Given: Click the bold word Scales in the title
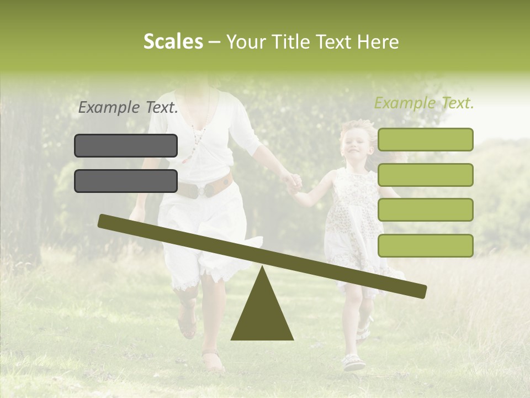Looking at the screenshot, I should coord(173,41).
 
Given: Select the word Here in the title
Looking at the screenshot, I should coord(378,42).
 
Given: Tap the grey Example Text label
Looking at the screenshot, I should coord(128,108).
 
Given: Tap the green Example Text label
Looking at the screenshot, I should coord(424,103).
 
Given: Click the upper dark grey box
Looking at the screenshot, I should coord(126,145).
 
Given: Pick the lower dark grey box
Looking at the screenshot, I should coord(126,181).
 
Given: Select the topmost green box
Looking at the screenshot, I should coord(425,139).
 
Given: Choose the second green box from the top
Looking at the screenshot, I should coord(425,175).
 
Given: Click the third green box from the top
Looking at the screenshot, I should coord(425,210).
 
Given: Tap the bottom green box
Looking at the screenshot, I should coord(425,245).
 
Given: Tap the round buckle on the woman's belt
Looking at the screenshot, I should coord(208,189).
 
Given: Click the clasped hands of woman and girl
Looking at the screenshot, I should coord(293,182).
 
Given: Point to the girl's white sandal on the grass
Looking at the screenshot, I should coord(353,362).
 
